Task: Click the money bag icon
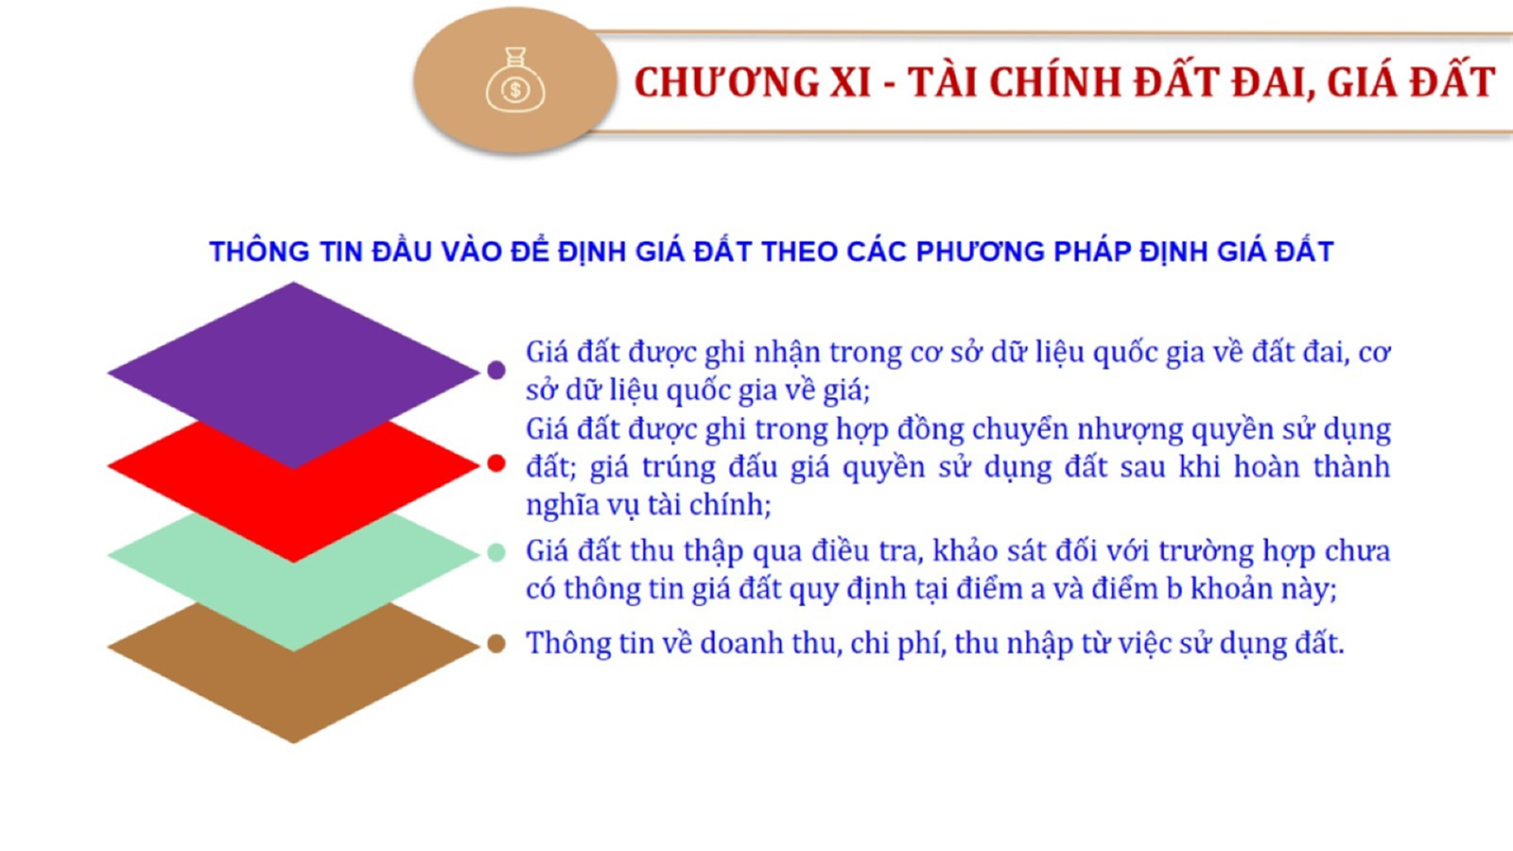coord(515,79)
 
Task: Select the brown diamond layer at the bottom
coord(294,682)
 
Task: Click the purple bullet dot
coord(496,370)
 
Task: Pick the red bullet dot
coord(496,463)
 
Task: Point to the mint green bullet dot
coord(496,552)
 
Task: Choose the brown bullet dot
coord(496,644)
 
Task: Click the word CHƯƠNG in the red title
coord(725,82)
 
